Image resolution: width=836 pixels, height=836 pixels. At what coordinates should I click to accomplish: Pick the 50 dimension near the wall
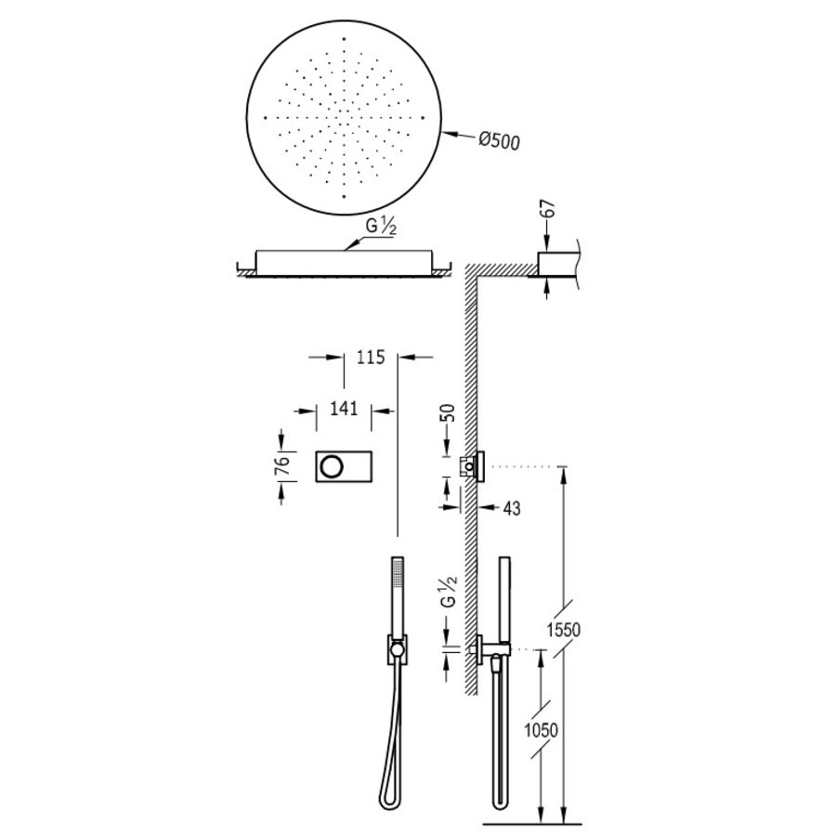(450, 414)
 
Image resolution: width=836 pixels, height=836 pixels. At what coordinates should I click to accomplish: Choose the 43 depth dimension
(510, 508)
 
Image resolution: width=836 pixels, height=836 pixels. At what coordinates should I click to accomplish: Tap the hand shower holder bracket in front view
(397, 650)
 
